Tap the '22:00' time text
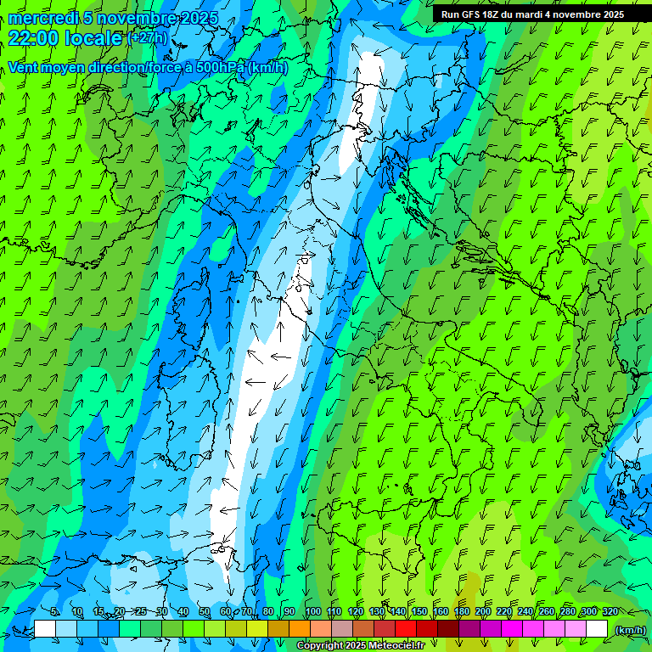pos(33,38)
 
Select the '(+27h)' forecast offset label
pos(147,38)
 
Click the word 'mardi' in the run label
pos(524,14)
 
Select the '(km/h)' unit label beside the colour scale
pos(629,629)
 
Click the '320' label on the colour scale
pos(610,611)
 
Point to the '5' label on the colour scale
pos(54,611)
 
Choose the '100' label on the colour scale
pos(312,611)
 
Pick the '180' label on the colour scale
pos(461,611)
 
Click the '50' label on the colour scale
pos(205,611)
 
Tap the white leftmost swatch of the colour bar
pos(45,629)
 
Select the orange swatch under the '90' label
pos(300,629)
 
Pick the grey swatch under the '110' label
pos(342,629)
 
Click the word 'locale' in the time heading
pos(93,38)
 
